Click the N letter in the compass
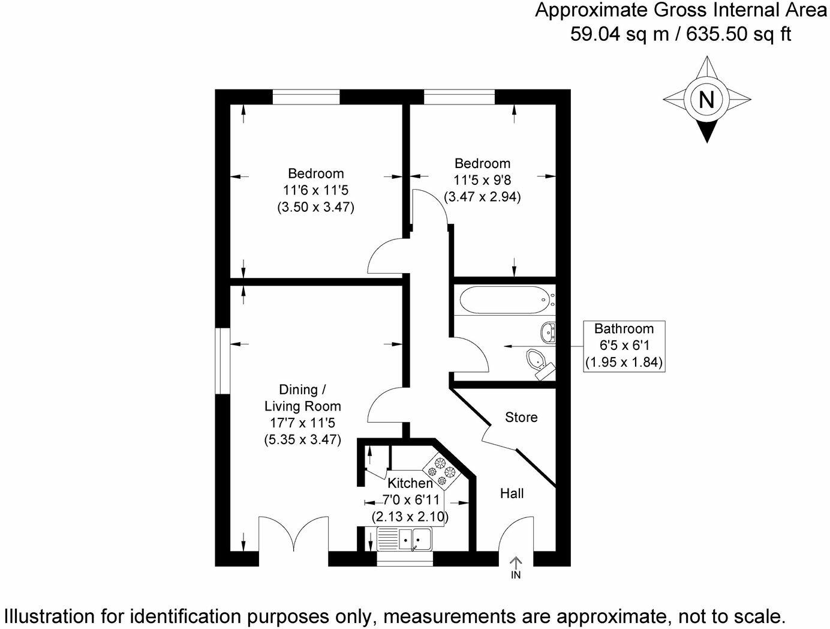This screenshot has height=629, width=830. coord(707,99)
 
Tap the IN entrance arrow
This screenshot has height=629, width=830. coord(516,567)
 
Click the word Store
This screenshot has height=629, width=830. coord(521,417)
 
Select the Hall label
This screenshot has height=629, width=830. coord(512,493)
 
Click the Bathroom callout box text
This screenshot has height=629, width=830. coord(624,346)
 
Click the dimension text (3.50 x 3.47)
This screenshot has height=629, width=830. coord(315,208)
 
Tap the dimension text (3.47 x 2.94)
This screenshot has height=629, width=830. coord(482,196)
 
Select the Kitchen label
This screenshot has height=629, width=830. coord(410,483)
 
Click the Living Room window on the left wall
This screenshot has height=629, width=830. coord(223,361)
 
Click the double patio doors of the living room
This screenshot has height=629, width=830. coord(294,537)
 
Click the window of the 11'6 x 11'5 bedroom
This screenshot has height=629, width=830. coord(306,97)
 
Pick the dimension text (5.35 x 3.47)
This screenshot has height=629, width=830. coord(302,439)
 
